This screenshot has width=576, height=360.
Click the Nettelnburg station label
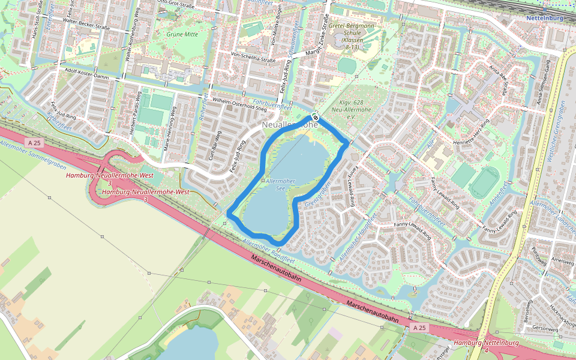click(544, 19)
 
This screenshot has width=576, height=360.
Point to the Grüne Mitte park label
click(182, 35)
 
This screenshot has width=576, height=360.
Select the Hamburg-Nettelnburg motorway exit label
click(486, 343)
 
